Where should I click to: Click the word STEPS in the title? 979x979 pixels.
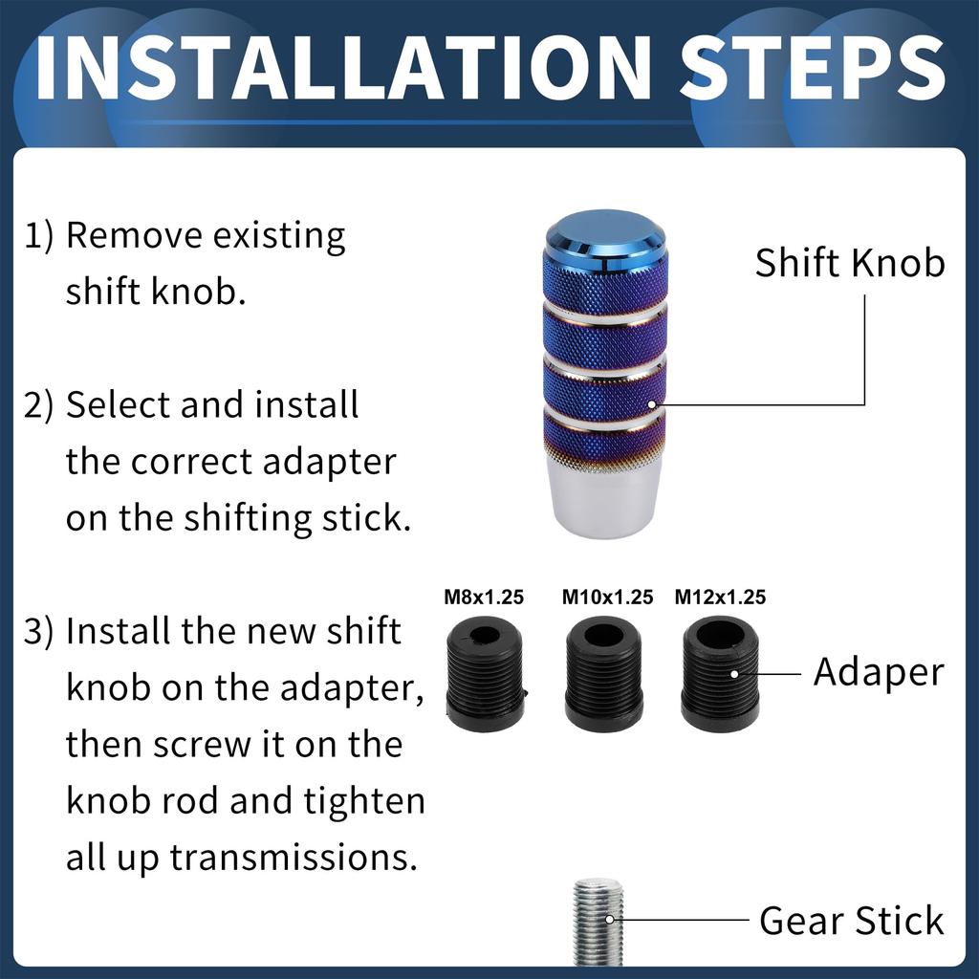pyautogui.click(x=813, y=68)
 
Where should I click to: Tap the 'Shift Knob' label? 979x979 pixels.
pyautogui.click(x=850, y=262)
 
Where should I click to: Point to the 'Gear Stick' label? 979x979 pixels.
pyautogui.click(x=852, y=921)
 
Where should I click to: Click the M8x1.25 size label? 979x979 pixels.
pyautogui.click(x=484, y=597)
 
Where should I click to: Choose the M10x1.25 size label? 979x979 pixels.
pyautogui.click(x=607, y=597)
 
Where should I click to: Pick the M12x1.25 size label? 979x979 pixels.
pyautogui.click(x=720, y=597)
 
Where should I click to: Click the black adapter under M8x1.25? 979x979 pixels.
pyautogui.click(x=487, y=674)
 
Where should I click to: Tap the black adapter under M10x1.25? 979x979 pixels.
pyautogui.click(x=604, y=674)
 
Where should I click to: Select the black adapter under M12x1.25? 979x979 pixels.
pyautogui.click(x=720, y=674)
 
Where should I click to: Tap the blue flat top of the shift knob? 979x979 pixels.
pyautogui.click(x=605, y=230)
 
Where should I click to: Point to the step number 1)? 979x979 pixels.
pyautogui.click(x=38, y=236)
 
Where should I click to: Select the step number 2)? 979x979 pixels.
pyautogui.click(x=38, y=405)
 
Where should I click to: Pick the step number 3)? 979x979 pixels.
pyautogui.click(x=38, y=632)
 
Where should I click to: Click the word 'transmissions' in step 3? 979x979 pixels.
pyautogui.click(x=293, y=858)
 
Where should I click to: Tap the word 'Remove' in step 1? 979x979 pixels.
pyautogui.click(x=134, y=236)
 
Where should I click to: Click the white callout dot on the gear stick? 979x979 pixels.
pyautogui.click(x=610, y=919)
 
